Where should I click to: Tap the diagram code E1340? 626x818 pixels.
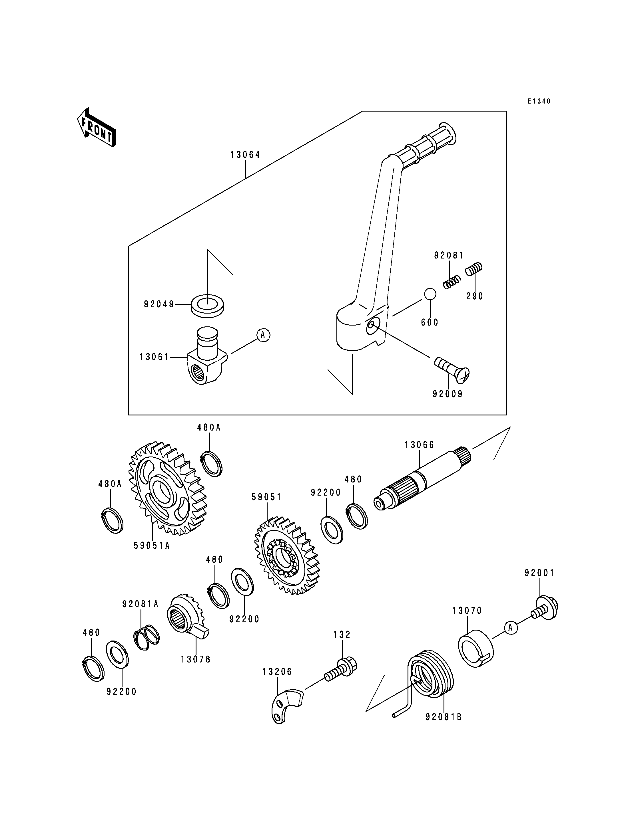pos(539,101)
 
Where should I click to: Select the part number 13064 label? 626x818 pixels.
pos(245,155)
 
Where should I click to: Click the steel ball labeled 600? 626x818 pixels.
pos(429,294)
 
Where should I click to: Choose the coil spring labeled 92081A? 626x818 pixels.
pos(147,637)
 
